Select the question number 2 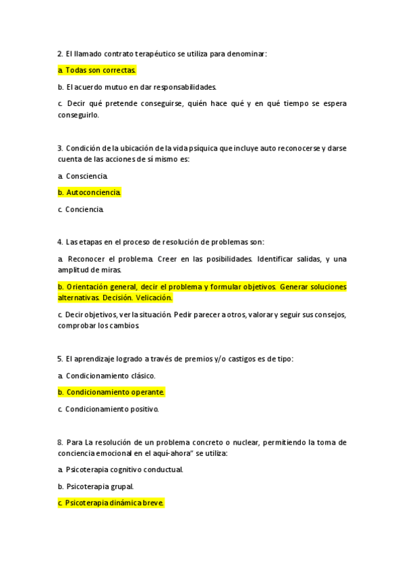[60, 53]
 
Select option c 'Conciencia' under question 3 [84, 210]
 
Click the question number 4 [60, 242]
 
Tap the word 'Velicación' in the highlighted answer [154, 297]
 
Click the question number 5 [60, 359]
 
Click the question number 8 [60, 442]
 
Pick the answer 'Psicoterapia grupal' [100, 486]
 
